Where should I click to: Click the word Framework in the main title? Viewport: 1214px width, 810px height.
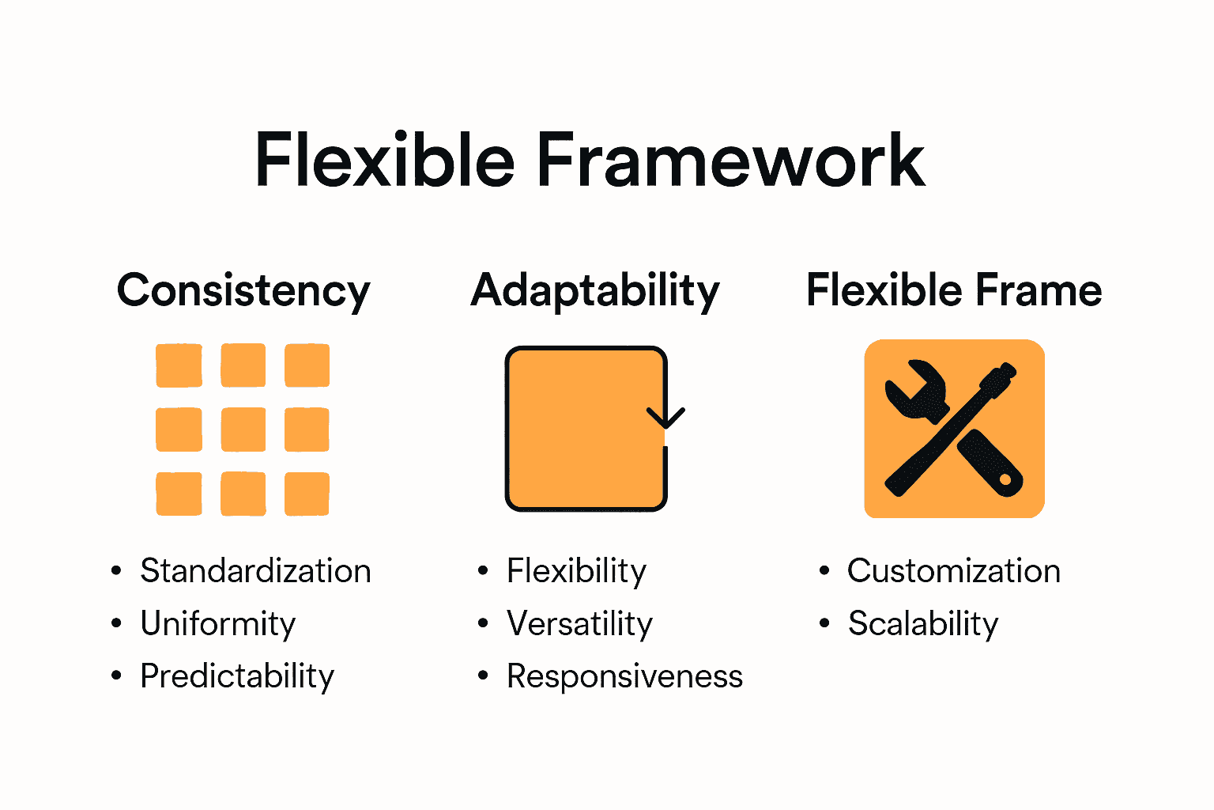point(730,161)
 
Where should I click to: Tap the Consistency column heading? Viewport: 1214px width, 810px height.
point(243,290)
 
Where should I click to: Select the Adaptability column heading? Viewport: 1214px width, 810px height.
point(595,290)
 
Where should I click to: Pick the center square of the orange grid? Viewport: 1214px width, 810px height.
point(243,430)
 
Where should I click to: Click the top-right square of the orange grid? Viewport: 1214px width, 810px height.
point(307,365)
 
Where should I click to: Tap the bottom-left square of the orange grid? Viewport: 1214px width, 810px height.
point(179,494)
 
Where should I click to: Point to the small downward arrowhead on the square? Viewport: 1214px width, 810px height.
point(665,417)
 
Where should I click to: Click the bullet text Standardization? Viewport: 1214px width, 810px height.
point(255,571)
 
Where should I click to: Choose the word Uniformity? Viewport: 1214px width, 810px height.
point(218,623)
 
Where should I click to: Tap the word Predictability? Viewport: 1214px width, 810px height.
point(237,676)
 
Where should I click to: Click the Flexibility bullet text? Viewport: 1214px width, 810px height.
point(576,571)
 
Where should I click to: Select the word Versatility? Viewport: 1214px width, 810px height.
point(579,623)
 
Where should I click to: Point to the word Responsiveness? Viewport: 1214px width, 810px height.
point(624,676)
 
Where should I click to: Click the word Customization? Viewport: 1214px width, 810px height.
point(953,571)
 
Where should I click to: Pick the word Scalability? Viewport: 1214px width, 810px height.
point(922,623)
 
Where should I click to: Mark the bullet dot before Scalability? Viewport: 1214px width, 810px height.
point(824,623)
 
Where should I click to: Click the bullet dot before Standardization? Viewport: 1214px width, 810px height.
point(117,571)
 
